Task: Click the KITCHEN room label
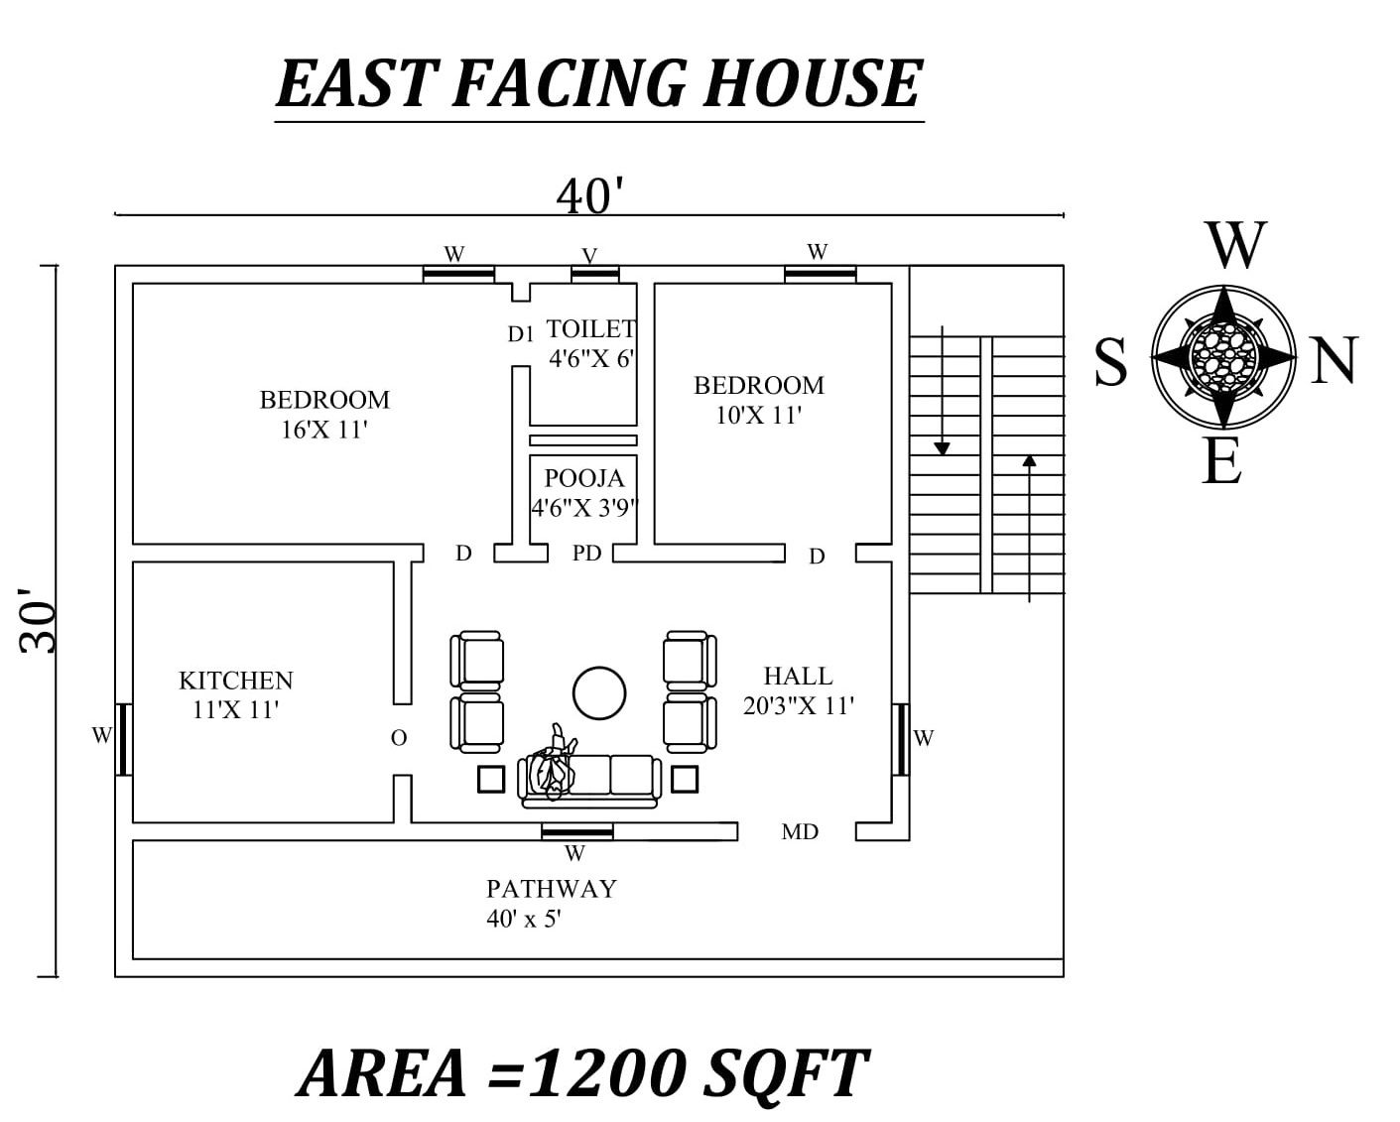(x=236, y=681)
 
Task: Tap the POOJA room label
(x=584, y=478)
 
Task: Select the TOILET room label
(x=591, y=328)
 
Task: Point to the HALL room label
(x=798, y=677)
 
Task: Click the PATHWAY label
(x=551, y=888)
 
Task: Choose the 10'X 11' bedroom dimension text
(x=758, y=415)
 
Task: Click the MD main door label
(x=800, y=832)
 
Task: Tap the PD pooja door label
(x=587, y=554)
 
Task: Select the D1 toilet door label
(x=521, y=334)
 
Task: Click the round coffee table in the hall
(x=599, y=691)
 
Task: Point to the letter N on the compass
(x=1335, y=361)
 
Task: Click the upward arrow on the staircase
(x=1030, y=526)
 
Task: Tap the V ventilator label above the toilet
(x=590, y=256)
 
